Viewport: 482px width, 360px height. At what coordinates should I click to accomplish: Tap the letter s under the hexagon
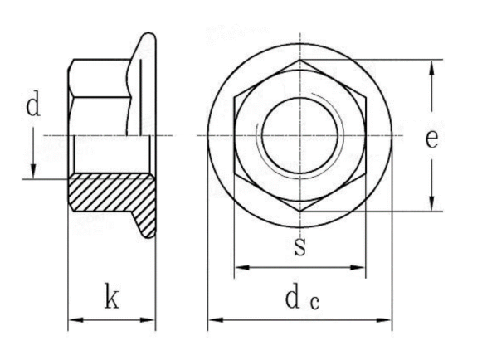[299, 247]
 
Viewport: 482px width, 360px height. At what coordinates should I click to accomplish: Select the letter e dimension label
[431, 139]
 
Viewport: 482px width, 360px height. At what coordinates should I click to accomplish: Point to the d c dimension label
[299, 299]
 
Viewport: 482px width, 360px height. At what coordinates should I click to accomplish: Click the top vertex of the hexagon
[299, 61]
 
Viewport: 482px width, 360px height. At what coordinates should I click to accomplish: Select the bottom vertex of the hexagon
[299, 210]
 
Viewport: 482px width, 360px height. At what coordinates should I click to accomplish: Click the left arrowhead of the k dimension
[71, 319]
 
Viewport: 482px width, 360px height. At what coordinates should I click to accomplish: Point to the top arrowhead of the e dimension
[431, 66]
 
